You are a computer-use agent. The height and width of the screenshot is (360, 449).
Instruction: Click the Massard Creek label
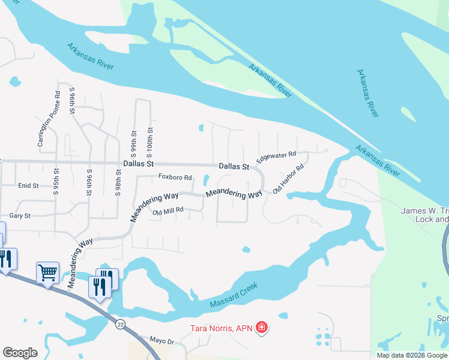(234, 295)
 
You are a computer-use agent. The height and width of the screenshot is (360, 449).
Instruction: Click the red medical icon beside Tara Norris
(262, 328)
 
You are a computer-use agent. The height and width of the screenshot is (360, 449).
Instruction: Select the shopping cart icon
(47, 273)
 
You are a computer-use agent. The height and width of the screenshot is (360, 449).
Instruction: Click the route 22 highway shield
(121, 323)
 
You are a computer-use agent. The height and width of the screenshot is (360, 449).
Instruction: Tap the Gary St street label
(20, 215)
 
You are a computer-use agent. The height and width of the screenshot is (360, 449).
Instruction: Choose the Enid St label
(28, 187)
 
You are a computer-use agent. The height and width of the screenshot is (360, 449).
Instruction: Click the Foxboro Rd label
(175, 178)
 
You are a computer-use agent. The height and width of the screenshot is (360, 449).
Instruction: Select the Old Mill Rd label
(167, 211)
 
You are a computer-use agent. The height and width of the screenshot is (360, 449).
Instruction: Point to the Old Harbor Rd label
(289, 179)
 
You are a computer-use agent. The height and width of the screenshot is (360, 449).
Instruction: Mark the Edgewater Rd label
(276, 158)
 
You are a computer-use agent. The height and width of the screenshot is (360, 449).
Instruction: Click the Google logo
(20, 353)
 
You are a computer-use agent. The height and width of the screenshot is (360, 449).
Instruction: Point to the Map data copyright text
(412, 355)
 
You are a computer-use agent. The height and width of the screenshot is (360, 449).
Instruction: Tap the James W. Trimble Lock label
(424, 214)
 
